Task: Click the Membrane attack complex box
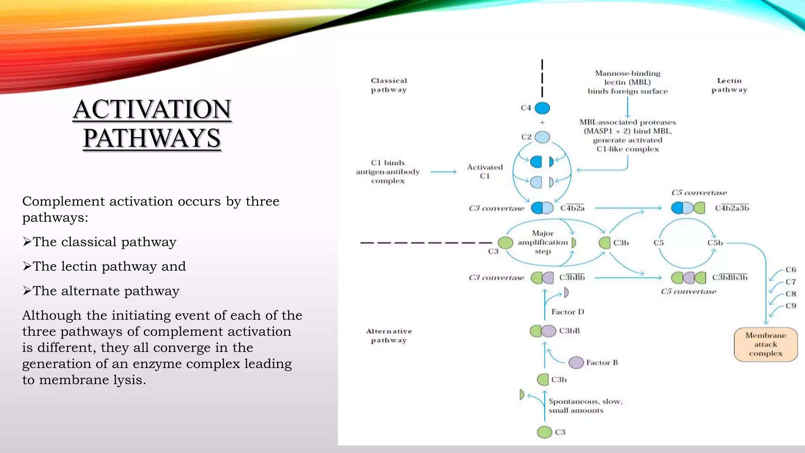766,344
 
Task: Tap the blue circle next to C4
542,108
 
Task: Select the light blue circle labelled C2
542,137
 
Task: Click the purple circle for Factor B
576,363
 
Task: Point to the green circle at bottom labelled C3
544,432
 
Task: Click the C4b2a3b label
732,208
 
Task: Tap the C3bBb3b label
730,278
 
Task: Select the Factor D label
568,312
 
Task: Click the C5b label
715,243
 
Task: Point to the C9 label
791,306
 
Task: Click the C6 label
791,270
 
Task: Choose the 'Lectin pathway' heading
729,85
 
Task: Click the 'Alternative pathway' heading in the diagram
389,336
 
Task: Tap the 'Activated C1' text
485,171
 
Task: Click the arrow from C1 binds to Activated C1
443,172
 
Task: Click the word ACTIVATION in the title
152,109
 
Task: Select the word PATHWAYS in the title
152,138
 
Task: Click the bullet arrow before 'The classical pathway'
27,242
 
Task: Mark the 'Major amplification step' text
542,242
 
